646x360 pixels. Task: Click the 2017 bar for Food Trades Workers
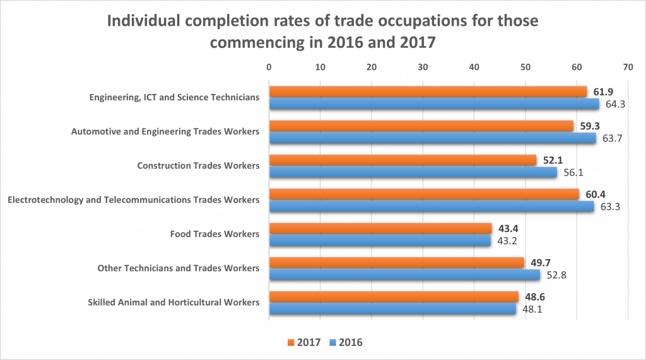pyautogui.click(x=380, y=228)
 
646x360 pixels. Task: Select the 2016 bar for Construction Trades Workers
pyautogui.click(x=413, y=172)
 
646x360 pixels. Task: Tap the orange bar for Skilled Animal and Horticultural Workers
pyautogui.click(x=394, y=296)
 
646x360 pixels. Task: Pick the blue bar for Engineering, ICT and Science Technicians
pyautogui.click(x=434, y=104)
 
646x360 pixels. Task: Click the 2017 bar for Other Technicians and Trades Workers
pyautogui.click(x=396, y=262)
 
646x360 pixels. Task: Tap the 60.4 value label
pyautogui.click(x=595, y=194)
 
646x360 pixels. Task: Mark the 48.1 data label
pyautogui.click(x=531, y=309)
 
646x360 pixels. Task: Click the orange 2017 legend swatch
pyautogui.click(x=291, y=342)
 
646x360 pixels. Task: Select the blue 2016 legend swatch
pyautogui.click(x=332, y=342)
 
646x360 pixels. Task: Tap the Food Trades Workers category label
pyautogui.click(x=214, y=234)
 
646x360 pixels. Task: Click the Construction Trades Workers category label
pyautogui.click(x=198, y=166)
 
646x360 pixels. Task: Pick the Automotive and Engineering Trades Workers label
pyautogui.click(x=165, y=132)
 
